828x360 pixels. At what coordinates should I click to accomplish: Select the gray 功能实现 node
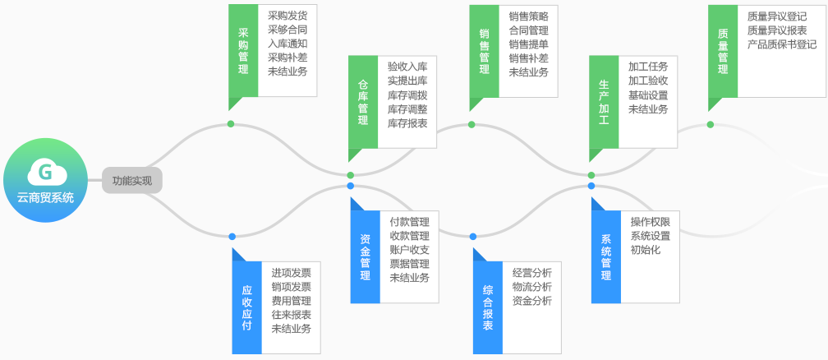pos(132,180)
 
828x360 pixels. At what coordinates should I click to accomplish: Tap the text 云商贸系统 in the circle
pos(45,197)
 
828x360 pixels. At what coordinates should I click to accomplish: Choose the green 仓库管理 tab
pos(363,103)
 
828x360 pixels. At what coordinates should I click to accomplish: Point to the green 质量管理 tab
pos(722,51)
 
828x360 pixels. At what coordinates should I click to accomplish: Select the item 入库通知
pos(287,43)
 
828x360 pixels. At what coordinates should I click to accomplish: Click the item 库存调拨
pos(407,95)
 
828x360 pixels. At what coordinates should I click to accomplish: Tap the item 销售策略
pos(528,16)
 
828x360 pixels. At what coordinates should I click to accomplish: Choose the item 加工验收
pos(648,81)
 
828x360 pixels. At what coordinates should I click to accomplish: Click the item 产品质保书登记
pos(782,44)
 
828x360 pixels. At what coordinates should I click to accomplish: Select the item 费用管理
pos(291,301)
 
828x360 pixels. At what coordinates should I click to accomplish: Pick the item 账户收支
pos(409,250)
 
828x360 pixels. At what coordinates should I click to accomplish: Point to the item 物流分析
pos(531,287)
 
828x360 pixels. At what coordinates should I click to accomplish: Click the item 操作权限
pos(651,222)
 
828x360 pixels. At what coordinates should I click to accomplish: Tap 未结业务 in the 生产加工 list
pos(648,108)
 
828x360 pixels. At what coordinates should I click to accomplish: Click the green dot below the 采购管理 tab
pos(231,124)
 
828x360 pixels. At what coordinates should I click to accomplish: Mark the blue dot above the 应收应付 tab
pos(232,236)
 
